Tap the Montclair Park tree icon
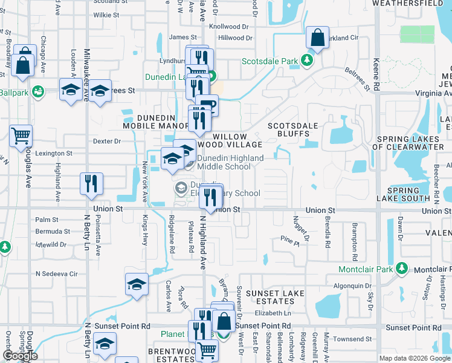click(401, 269)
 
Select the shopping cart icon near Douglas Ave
click(21, 136)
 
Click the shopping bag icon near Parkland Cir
click(317, 38)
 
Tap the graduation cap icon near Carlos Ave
click(137, 284)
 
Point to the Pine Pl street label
click(289, 240)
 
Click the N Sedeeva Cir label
click(57, 274)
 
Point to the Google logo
click(20, 356)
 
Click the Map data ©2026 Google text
click(414, 358)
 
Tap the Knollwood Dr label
click(228, 27)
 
